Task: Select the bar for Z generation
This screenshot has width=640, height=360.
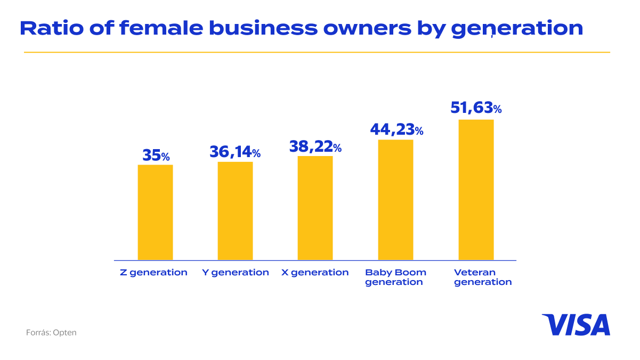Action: pos(155,212)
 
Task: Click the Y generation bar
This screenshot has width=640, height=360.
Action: pos(235,210)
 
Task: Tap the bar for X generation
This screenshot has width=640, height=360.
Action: pos(315,208)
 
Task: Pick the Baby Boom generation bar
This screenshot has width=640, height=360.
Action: pos(395,200)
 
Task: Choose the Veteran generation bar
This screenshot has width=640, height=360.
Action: pos(476,190)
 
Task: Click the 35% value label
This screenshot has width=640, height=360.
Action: pos(156,156)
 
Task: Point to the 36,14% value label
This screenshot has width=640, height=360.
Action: pos(235,152)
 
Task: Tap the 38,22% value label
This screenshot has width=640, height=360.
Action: pos(315,146)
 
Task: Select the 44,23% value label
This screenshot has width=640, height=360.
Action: pos(396,129)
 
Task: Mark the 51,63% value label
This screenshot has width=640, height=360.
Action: pos(476,108)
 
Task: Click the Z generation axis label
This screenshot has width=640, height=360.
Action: pos(153,273)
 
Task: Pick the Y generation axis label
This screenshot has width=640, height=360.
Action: pos(235,273)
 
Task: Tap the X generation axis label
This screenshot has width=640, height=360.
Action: pos(315,273)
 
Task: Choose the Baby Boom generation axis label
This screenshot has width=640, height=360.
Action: pos(395,277)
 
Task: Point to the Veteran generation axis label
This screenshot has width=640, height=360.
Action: pos(482,277)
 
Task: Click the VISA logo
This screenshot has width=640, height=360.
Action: pos(576,325)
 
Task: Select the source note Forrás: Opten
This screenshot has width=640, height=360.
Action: pos(51,332)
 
